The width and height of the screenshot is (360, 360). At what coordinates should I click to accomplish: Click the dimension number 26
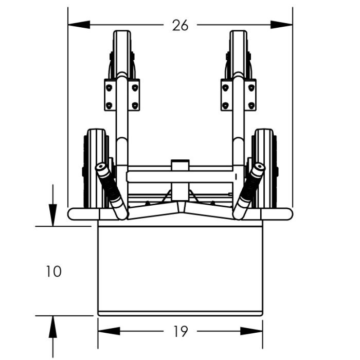pos(180,25)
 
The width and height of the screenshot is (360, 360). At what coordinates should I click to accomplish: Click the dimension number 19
pos(181,332)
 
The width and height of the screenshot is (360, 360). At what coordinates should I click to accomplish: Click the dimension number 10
pos(53,272)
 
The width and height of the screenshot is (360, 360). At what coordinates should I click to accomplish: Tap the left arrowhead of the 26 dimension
pos(79,25)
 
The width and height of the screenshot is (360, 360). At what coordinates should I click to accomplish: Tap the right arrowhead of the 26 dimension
pos(281,25)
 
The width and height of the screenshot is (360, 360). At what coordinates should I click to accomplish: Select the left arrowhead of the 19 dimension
pos(109,331)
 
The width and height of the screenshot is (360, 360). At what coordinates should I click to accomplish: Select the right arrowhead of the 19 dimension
pos(251,331)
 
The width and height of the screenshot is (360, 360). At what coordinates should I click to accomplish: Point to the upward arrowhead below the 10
pos(53,327)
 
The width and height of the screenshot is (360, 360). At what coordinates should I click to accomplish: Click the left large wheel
pos(96,169)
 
